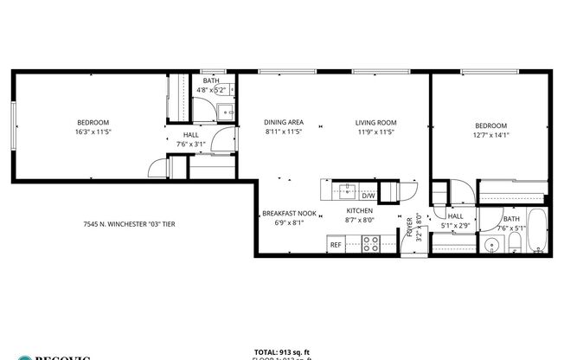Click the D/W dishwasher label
pos(368,196)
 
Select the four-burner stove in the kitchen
pos(370,245)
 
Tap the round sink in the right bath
pos(491,245)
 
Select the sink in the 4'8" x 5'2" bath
pos(223,110)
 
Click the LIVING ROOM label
pos(375,123)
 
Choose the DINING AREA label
pos(284,123)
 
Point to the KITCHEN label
pos(359,211)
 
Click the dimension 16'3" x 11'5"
pos(93,132)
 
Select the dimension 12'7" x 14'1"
pos(490,134)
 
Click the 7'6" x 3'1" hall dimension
pos(191,145)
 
